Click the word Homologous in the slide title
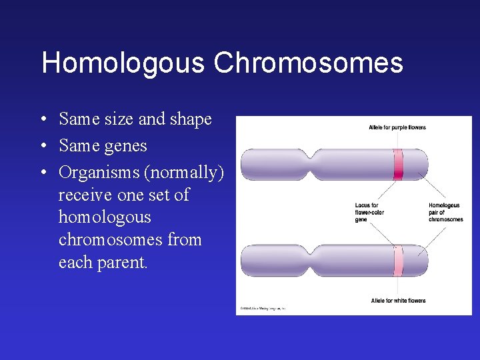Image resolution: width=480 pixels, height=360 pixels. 123,63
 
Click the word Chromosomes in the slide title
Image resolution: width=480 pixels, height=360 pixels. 309,63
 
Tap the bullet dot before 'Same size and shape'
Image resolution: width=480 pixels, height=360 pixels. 42,120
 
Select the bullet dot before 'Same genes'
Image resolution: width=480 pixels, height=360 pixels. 42,146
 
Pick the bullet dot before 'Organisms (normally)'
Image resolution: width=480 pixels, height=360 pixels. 42,173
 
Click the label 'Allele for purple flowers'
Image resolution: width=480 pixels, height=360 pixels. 397,127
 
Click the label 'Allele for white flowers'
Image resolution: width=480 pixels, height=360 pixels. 398,301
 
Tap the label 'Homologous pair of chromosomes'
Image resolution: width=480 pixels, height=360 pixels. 445,212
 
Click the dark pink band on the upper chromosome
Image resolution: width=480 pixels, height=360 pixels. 398,165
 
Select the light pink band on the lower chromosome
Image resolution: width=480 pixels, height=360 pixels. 398,261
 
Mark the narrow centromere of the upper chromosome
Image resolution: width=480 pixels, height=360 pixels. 310,164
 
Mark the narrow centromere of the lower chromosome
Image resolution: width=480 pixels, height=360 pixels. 310,260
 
